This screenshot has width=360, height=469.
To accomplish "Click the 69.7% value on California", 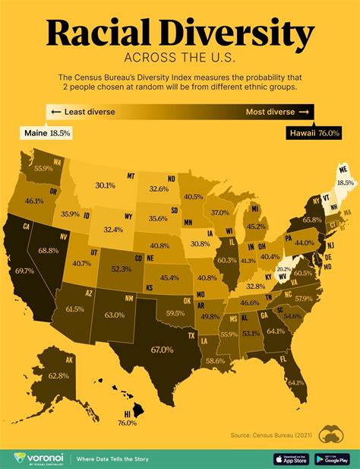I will (x=24, y=271).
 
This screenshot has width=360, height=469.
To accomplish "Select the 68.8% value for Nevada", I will (x=49, y=250).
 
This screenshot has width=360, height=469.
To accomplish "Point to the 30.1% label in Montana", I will (x=105, y=185).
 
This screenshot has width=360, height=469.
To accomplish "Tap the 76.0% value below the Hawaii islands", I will (x=127, y=423).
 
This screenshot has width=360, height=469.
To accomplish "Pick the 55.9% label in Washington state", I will (x=43, y=168).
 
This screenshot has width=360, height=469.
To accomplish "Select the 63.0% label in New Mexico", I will (x=115, y=314).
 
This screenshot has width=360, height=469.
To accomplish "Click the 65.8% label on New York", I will (x=312, y=220).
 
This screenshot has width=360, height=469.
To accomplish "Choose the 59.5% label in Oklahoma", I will (x=175, y=312).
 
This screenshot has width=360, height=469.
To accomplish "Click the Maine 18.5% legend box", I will (x=46, y=132).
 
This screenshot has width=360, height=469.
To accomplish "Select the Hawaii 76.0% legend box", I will (x=313, y=132).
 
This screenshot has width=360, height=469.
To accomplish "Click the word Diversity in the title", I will (x=242, y=33).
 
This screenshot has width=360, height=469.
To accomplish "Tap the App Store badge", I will (x=291, y=459).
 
